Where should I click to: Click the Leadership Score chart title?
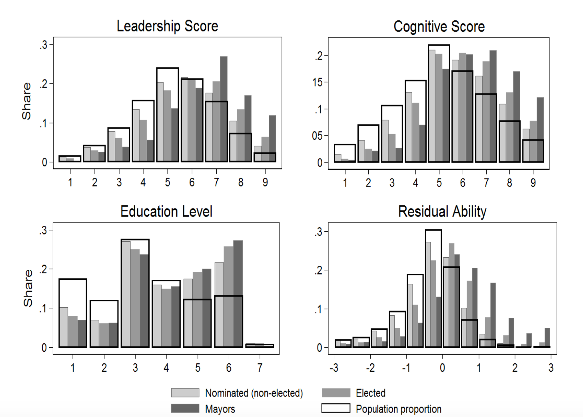click(x=168, y=26)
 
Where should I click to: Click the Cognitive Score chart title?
click(x=439, y=26)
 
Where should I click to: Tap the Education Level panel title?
click(x=166, y=211)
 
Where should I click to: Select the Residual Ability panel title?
click(x=442, y=211)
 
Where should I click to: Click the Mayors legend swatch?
click(x=185, y=409)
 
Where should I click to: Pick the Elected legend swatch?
click(x=336, y=393)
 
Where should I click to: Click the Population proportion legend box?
click(x=336, y=408)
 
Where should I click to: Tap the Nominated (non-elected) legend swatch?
click(x=185, y=393)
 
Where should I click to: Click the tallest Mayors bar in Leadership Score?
click(x=224, y=109)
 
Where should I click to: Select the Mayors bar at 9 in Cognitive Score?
click(x=540, y=130)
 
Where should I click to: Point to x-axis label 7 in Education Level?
click(x=260, y=368)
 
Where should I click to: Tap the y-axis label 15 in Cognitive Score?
click(x=317, y=82)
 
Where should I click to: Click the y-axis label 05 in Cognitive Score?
click(x=317, y=136)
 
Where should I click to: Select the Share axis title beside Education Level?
click(x=28, y=288)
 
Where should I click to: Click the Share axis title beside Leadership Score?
click(x=26, y=101)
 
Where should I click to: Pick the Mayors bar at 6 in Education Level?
click(x=238, y=294)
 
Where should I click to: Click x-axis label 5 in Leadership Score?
click(x=168, y=182)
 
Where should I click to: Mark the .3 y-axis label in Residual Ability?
click(x=318, y=232)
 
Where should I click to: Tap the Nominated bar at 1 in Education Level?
click(x=64, y=327)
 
